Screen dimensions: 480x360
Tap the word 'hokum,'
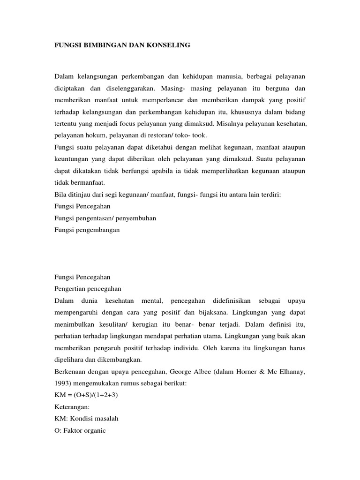(94, 135)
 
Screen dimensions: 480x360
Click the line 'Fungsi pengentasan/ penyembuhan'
(105, 218)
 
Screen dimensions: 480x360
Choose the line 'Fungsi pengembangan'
(87, 230)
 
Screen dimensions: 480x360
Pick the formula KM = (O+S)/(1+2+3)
(86, 395)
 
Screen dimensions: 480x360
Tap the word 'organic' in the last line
(94, 430)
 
